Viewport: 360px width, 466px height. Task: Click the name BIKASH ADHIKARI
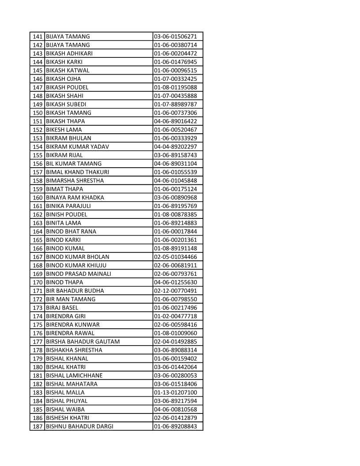[x=69, y=53]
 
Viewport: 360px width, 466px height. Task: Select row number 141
[x=38, y=37]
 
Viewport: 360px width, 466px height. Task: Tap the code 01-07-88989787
[x=175, y=105]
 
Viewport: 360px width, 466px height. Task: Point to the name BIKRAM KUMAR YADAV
[x=77, y=147]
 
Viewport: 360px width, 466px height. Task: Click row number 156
[x=38, y=164]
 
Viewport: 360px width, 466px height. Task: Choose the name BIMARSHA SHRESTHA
[x=75, y=181]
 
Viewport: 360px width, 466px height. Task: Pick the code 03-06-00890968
[x=175, y=198]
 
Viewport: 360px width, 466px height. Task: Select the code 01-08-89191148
[x=175, y=248]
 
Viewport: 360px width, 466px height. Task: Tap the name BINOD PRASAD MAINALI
[x=79, y=274]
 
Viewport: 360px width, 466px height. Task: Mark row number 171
[x=38, y=291]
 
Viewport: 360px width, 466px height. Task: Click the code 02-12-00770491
[x=175, y=291]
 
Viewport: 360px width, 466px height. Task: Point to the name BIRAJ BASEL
[x=62, y=308]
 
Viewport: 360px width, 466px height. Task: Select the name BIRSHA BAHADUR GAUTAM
[x=83, y=342]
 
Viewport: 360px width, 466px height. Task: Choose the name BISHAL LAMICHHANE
[x=74, y=376]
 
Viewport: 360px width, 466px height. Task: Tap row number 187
[x=38, y=427]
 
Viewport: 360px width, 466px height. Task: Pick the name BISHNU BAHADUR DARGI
[x=79, y=427]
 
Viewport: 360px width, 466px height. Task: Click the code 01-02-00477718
[x=175, y=316]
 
